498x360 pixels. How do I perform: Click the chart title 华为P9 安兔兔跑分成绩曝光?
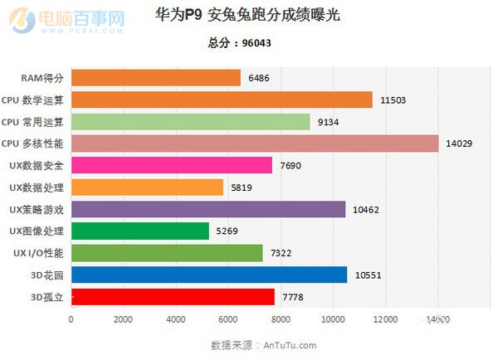(247, 16)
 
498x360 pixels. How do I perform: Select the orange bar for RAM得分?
(156, 78)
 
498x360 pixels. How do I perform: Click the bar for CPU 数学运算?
(222, 100)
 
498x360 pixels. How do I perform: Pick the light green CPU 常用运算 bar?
(191, 122)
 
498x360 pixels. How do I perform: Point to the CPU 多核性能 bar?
(255, 144)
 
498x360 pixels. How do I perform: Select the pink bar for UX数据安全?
(172, 165)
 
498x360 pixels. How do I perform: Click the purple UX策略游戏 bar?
(208, 209)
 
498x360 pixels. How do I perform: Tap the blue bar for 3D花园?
(209, 275)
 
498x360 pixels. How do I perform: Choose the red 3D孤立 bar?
(173, 296)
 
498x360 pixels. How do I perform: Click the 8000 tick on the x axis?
(281, 319)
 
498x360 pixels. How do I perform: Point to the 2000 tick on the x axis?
(124, 319)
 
